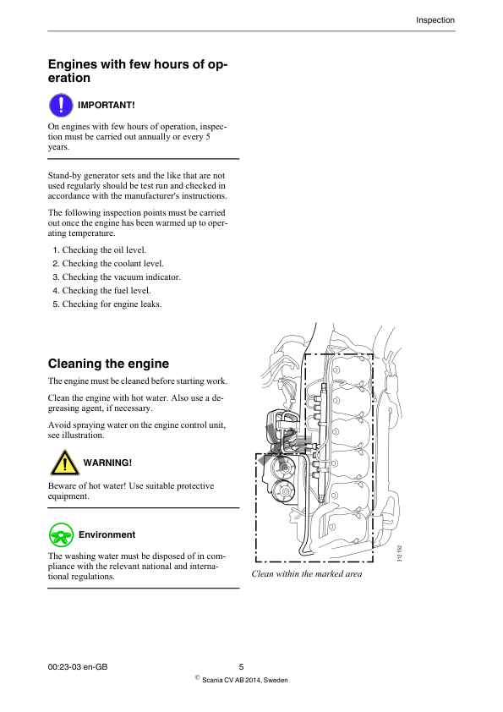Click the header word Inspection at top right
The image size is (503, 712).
point(435,20)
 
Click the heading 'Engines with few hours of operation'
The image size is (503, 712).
point(137,71)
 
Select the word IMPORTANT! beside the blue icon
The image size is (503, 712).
point(107,105)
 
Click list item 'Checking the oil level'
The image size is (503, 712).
point(104,250)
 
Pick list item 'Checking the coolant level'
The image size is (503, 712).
point(112,264)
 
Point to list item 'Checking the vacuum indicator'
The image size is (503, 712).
point(121,277)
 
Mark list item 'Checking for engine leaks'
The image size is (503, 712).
point(112,304)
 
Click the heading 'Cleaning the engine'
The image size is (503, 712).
point(108,364)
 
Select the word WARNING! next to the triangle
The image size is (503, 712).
point(107,463)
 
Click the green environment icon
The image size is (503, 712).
point(61,534)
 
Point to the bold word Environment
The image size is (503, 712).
point(107,534)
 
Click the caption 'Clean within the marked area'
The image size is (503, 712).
point(307,574)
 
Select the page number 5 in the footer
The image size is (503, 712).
point(241,667)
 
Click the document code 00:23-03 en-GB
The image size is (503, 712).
point(78,667)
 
